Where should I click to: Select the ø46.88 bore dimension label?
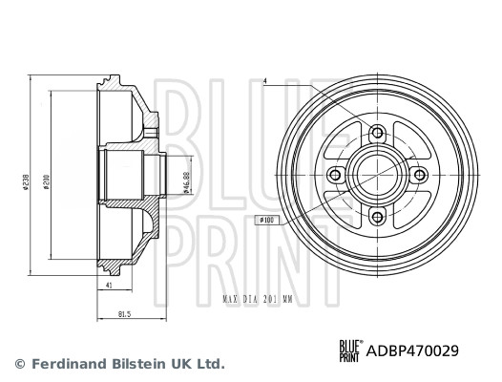[183, 175]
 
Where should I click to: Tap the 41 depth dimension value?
[111, 286]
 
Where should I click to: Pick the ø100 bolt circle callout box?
[268, 220]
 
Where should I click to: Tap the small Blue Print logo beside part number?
[350, 350]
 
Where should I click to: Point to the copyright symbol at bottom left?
[20, 364]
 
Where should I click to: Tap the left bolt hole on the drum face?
[334, 175]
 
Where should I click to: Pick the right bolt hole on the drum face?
[419, 175]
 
